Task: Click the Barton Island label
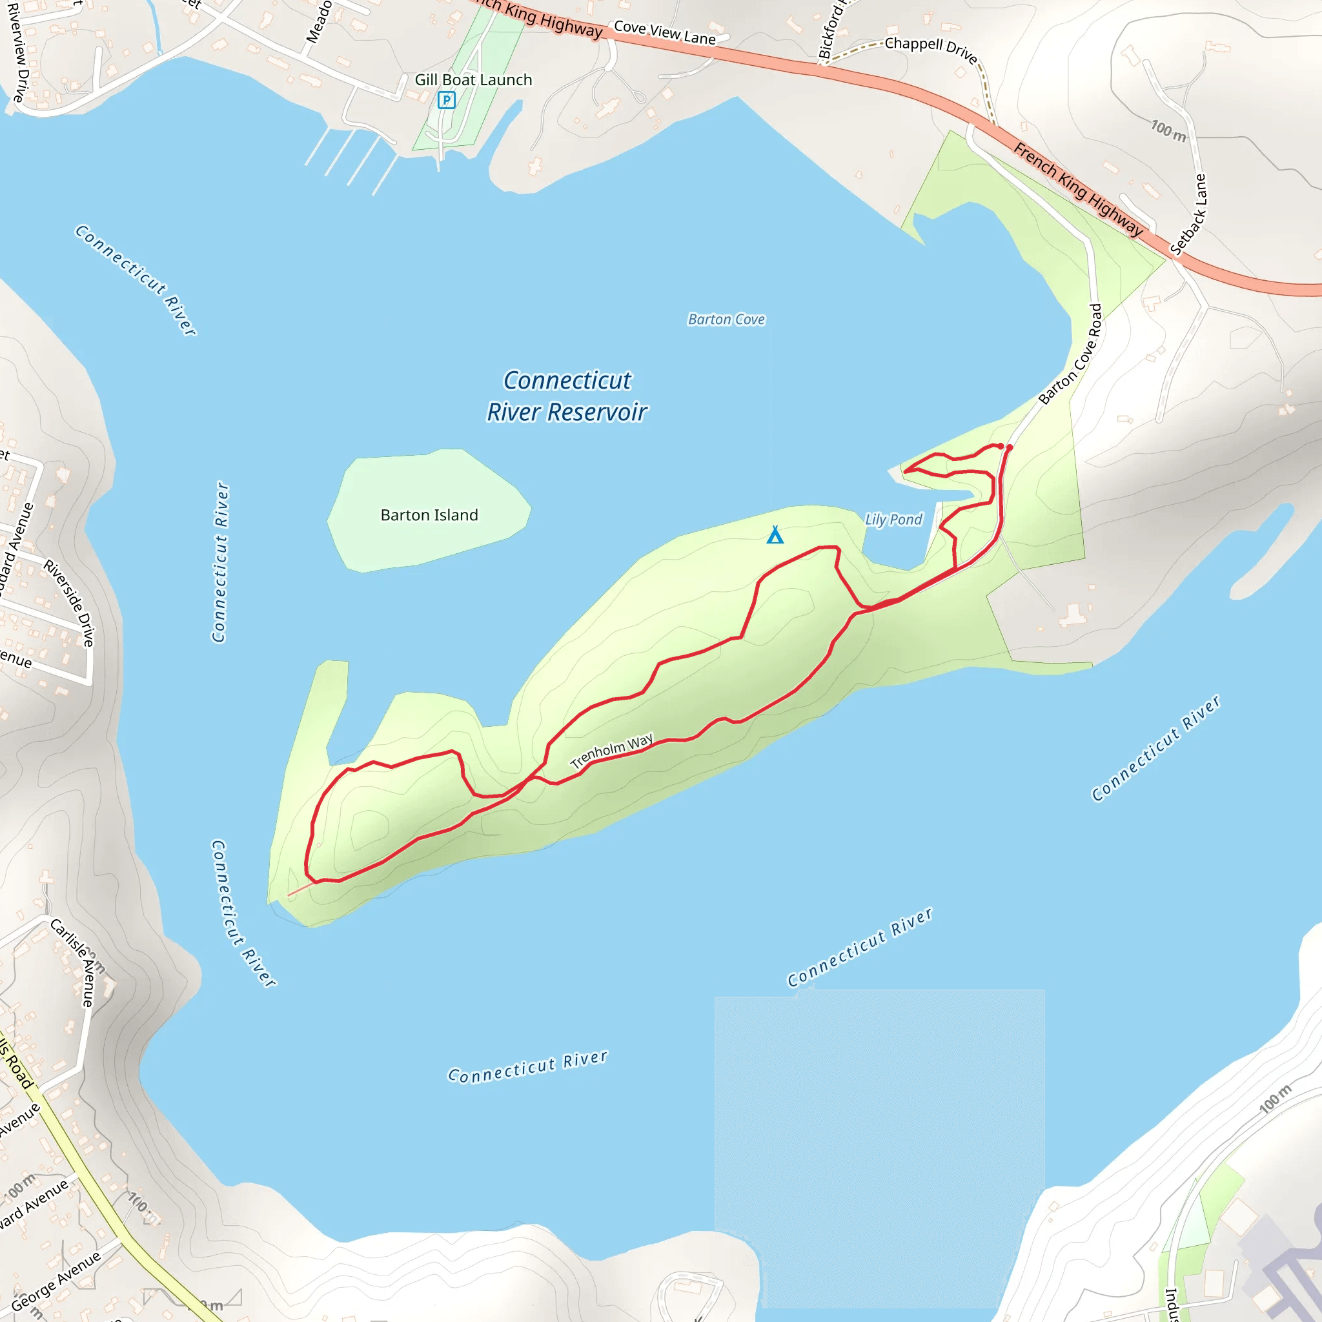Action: click(x=429, y=514)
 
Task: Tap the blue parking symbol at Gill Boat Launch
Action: click(x=446, y=101)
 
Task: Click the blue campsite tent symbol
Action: click(x=775, y=534)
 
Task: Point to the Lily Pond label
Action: click(x=893, y=520)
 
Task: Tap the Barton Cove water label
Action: click(x=726, y=319)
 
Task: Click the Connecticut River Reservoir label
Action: click(x=567, y=396)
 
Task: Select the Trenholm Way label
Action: click(x=611, y=751)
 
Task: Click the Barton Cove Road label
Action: click(x=1070, y=354)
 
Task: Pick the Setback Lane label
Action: click(x=1188, y=214)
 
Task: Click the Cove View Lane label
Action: click(x=664, y=32)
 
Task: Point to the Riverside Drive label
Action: click(x=69, y=602)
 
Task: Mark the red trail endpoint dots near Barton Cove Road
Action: click(x=1004, y=446)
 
